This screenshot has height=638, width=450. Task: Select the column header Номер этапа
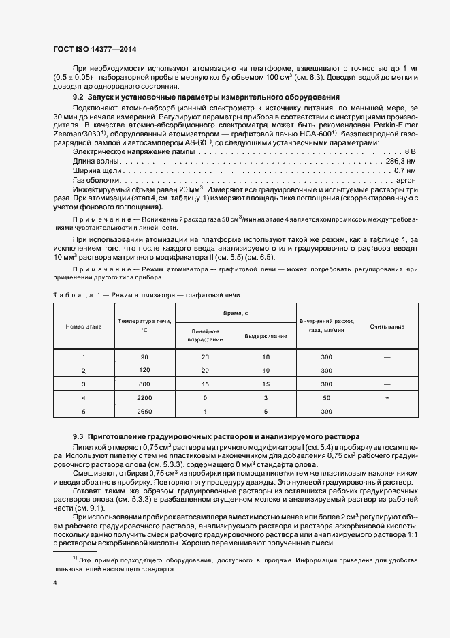pos(84,326)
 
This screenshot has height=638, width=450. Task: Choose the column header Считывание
pos(387,326)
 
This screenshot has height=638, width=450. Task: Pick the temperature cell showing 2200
pos(144,397)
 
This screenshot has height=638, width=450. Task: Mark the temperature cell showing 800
pos(144,384)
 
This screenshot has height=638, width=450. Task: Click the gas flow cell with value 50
pos(326,397)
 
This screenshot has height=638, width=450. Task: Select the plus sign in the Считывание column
pos(387,397)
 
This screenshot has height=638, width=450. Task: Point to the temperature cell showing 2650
pos(144,412)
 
